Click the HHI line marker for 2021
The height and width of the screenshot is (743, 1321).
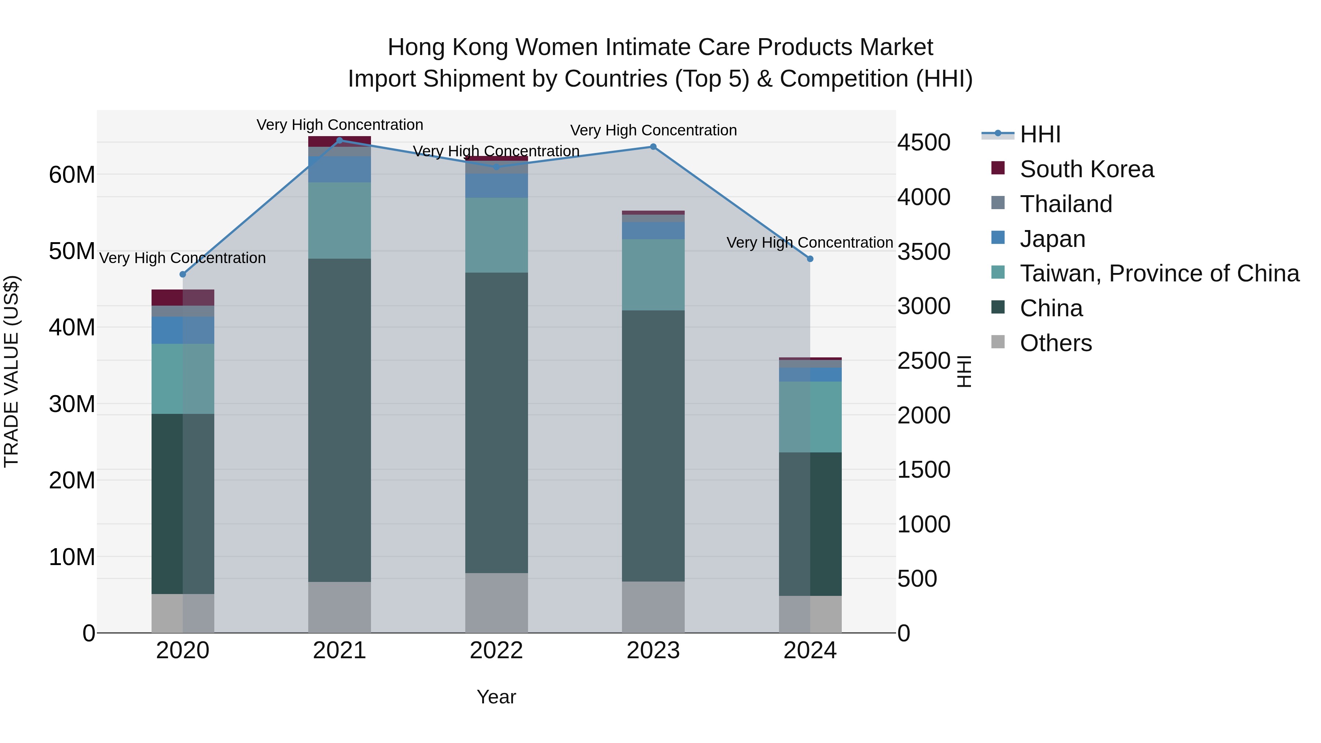pyautogui.click(x=339, y=141)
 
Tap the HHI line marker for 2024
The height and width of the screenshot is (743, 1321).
pyautogui.click(x=810, y=259)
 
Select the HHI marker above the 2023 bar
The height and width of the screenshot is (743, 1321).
pyautogui.click(x=653, y=147)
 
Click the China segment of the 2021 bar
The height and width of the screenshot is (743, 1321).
pyautogui.click(x=339, y=420)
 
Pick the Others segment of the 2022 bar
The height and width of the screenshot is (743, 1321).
pyautogui.click(x=496, y=603)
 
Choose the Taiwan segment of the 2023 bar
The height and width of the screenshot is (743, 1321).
pyautogui.click(x=653, y=275)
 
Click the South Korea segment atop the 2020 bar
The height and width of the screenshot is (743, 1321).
pyautogui.click(x=183, y=298)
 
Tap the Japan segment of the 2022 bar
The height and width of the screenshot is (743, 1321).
pyautogui.click(x=496, y=186)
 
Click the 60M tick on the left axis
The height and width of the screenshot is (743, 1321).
pyautogui.click(x=72, y=175)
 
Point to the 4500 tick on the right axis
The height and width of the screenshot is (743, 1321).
pyautogui.click(x=924, y=143)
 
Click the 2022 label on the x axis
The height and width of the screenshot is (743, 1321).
pyautogui.click(x=496, y=651)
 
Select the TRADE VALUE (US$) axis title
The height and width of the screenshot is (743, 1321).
pyautogui.click(x=11, y=371)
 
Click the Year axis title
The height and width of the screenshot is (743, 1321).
pyautogui.click(x=496, y=697)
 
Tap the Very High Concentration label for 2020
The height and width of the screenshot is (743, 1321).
pyautogui.click(x=183, y=258)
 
